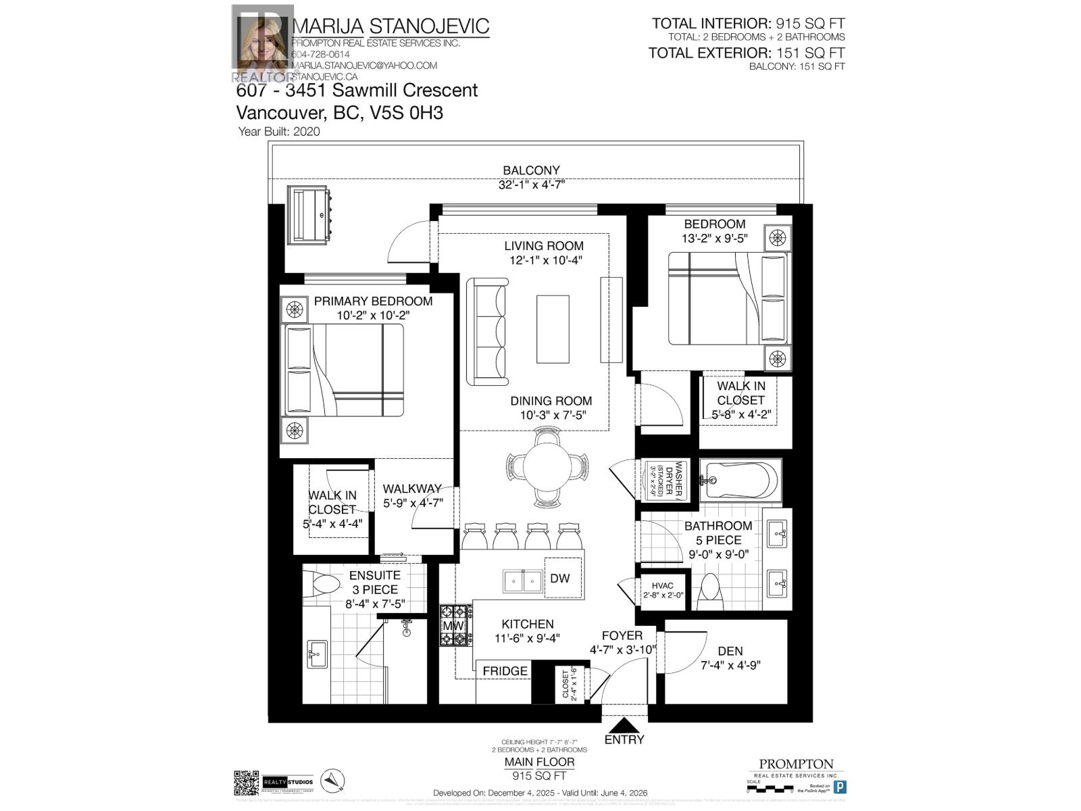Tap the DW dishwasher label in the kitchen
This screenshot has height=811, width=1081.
click(560, 578)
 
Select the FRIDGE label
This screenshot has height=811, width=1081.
click(505, 670)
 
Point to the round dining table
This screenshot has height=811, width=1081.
click(547, 466)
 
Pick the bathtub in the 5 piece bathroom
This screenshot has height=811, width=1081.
click(740, 480)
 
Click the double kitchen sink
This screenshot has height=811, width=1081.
click(522, 581)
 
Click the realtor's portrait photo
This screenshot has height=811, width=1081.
click(262, 42)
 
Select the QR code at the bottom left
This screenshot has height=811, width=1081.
click(247, 783)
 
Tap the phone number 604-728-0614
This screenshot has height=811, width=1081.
click(320, 54)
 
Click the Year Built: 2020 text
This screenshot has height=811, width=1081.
click(278, 132)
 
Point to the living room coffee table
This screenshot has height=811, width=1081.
click(553, 329)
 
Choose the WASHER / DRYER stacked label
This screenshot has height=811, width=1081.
click(663, 481)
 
